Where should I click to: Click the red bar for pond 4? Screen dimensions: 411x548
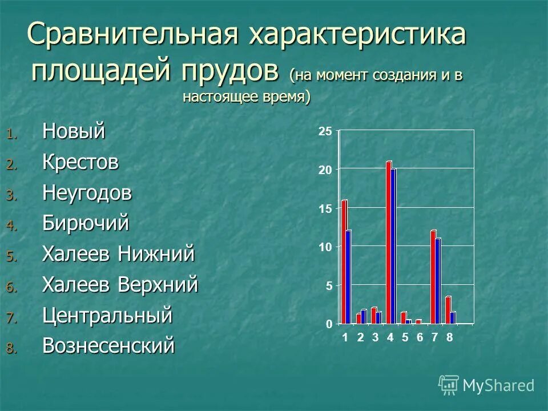(389, 243)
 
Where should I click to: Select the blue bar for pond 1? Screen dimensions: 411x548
(348, 277)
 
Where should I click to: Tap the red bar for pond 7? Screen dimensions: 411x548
(433, 277)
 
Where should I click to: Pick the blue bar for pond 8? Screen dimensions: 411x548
(453, 317)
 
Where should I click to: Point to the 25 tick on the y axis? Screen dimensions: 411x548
(325, 132)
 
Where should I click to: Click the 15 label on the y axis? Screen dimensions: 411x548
(325, 209)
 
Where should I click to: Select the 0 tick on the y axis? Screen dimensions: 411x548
(328, 324)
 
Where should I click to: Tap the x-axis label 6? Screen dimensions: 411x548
(420, 337)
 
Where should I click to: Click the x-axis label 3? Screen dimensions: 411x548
(375, 337)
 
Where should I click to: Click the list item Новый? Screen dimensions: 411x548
(74, 131)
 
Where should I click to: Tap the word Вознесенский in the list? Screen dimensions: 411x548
(108, 346)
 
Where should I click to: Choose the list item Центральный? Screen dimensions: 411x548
(107, 315)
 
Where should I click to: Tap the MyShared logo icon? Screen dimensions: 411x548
(449, 385)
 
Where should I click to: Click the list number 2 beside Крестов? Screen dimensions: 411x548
(13, 165)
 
